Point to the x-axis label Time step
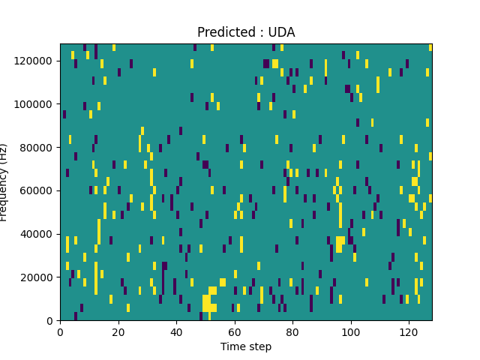pos(246,346)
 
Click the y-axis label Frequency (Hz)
pos(4,182)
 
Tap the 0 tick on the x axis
pos(60,331)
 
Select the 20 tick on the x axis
pos(118,331)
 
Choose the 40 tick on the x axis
pos(176,331)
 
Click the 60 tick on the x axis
pos(235,331)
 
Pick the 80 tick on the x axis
pos(292,331)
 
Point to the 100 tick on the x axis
pos(351,331)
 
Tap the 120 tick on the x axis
pos(409,331)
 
